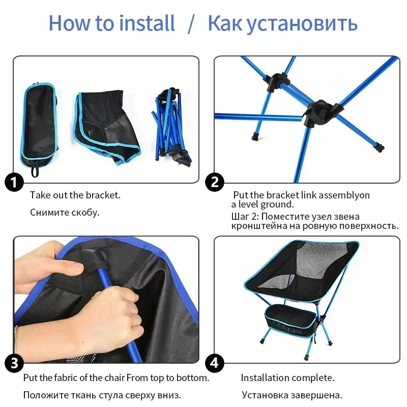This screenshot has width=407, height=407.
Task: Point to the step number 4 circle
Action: click(214, 363)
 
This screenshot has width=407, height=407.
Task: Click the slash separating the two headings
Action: click(191, 24)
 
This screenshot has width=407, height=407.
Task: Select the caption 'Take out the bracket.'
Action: click(75, 195)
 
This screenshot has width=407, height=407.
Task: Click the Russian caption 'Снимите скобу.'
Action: click(65, 212)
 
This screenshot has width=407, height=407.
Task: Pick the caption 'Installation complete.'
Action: click(287, 377)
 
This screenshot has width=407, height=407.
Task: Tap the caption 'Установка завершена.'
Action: click(292, 395)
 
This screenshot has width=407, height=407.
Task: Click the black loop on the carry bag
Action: click(35, 171)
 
